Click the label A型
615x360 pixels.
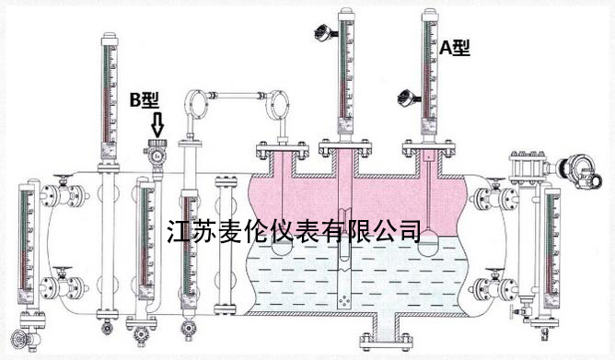pos(454,48)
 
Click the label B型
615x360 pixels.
pos(145,100)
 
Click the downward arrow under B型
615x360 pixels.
pos(157,124)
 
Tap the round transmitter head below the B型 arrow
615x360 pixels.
pos(157,154)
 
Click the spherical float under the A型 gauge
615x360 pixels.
pos(429,243)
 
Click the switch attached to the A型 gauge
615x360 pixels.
pos(410,98)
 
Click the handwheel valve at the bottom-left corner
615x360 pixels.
pos(18,339)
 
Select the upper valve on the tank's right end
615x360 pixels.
pos(495,195)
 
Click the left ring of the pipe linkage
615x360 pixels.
pos(194,103)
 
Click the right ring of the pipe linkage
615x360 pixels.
pos(278,104)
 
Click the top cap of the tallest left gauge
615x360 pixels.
pos(110,40)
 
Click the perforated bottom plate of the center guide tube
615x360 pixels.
pos(344,300)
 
